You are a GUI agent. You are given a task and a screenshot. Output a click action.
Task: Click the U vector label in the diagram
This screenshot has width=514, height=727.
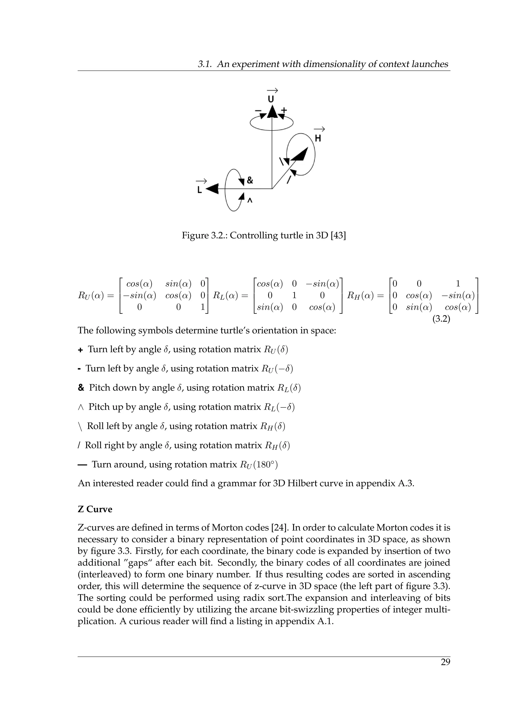click(x=271, y=99)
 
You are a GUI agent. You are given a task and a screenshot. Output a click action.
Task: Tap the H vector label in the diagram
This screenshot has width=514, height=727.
click(x=318, y=138)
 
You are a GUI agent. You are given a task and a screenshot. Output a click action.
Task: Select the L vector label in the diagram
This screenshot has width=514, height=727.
click(x=199, y=190)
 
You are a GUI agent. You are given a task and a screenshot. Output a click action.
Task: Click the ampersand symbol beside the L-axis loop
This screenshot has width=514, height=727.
click(x=250, y=180)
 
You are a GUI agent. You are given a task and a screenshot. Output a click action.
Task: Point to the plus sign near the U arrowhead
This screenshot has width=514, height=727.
click(x=284, y=110)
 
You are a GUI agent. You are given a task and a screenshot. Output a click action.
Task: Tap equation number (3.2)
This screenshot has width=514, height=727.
click(x=441, y=319)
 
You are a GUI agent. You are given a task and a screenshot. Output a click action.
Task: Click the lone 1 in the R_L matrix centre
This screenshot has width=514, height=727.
click(x=294, y=295)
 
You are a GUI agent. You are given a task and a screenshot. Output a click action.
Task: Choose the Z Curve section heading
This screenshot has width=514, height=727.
click(x=95, y=509)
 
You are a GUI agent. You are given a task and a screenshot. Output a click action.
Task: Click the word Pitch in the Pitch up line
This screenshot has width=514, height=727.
click(x=99, y=407)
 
